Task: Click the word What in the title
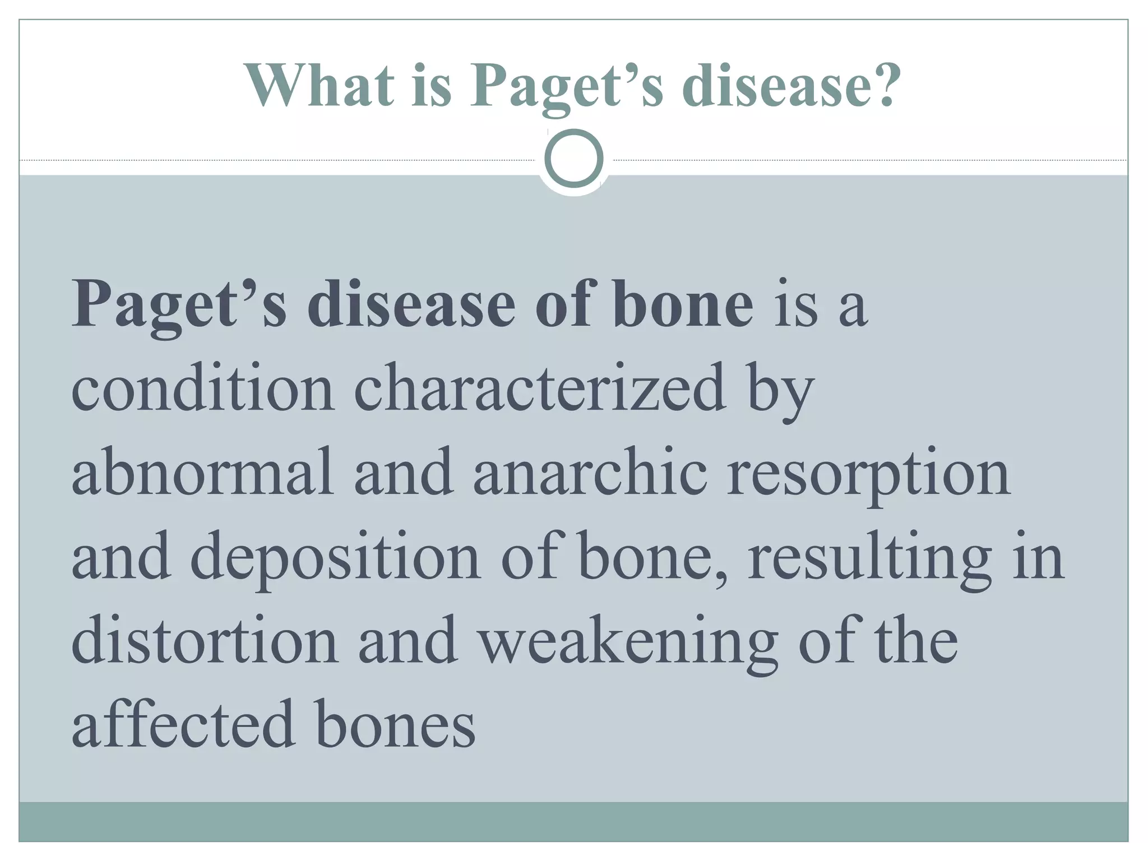coord(320,86)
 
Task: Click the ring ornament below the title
coord(574,159)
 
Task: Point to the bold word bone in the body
coord(682,304)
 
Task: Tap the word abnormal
coord(202,473)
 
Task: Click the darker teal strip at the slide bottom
coord(574,822)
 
